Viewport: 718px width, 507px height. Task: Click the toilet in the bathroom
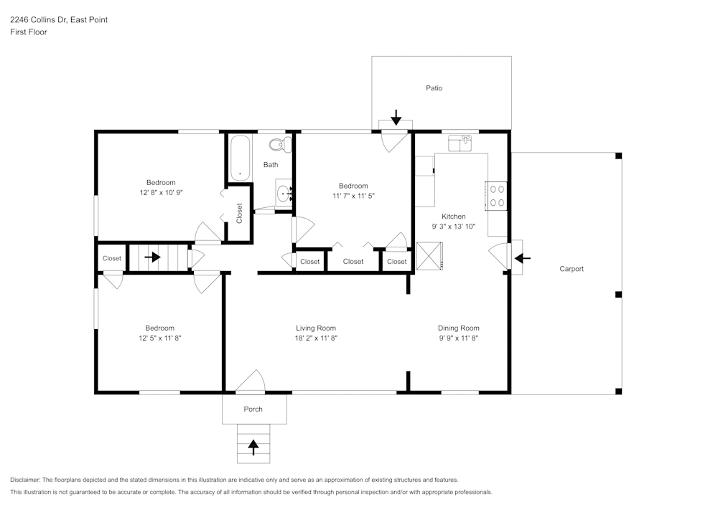click(278, 145)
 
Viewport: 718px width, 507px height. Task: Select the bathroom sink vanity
click(285, 193)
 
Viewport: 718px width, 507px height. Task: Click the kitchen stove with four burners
click(497, 195)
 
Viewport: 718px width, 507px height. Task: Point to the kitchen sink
click(460, 143)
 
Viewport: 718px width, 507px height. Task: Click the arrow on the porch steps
click(253, 446)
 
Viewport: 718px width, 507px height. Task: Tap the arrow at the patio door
click(396, 116)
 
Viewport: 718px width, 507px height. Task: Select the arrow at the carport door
click(522, 257)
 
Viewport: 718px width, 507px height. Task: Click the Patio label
click(434, 88)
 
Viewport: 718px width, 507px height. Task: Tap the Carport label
click(572, 269)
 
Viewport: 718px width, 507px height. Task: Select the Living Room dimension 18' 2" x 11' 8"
click(316, 338)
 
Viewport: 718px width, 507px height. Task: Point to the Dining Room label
click(459, 328)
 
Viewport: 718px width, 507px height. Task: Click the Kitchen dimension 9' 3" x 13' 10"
click(454, 226)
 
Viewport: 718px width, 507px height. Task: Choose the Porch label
click(253, 409)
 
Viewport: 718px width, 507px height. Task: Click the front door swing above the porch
click(251, 384)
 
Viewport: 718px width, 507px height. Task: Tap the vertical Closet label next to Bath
click(240, 213)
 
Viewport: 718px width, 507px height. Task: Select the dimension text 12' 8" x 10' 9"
click(161, 192)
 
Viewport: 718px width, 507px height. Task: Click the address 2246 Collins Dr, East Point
click(59, 20)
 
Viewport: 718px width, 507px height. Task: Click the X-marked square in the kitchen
click(430, 255)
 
